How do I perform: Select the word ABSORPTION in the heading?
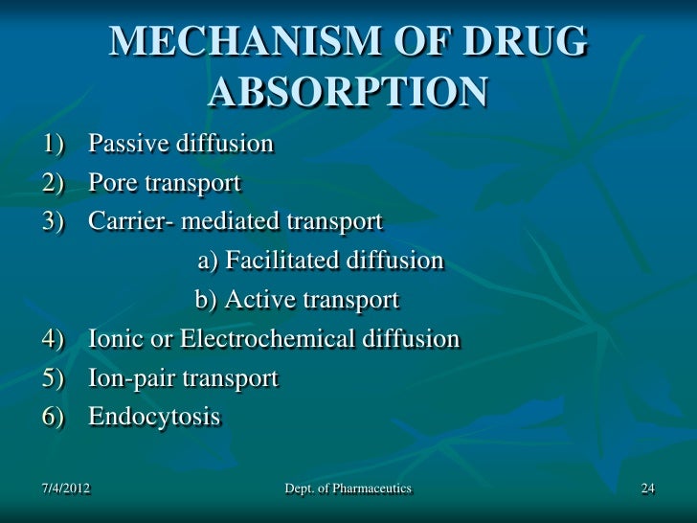point(348,93)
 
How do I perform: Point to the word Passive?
point(126,145)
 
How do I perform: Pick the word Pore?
point(111,183)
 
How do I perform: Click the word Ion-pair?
point(130,378)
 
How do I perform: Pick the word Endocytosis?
point(154,418)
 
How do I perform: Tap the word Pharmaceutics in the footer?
point(369,489)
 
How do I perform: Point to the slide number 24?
point(647,489)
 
